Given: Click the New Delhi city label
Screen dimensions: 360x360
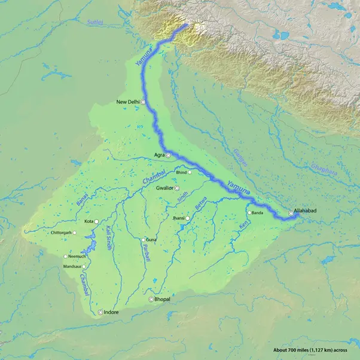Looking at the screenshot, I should click(x=127, y=102).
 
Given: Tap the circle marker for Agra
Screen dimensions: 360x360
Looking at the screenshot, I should click(x=168, y=155).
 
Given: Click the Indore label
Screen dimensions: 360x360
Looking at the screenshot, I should click(x=111, y=312).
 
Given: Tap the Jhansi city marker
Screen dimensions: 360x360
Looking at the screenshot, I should click(x=187, y=219).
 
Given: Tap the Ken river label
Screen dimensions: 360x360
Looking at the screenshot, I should click(x=243, y=228).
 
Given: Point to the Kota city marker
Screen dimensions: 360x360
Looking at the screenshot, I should click(x=97, y=221).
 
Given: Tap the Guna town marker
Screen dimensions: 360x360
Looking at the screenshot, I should click(x=143, y=240).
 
